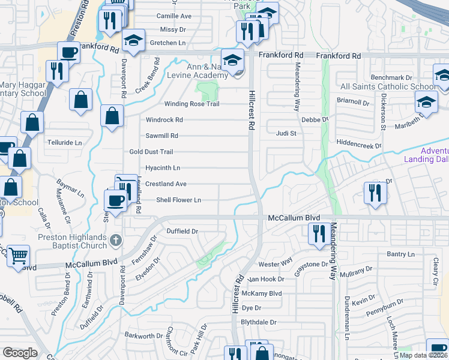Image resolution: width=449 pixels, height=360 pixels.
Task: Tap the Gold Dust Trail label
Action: click(x=151, y=152)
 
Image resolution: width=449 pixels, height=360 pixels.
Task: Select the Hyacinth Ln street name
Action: click(x=163, y=168)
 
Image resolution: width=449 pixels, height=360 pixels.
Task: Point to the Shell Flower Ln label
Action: click(x=178, y=200)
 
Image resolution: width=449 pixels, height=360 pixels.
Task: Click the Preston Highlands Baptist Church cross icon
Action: click(x=116, y=241)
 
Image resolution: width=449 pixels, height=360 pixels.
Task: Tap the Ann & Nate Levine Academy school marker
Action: click(x=232, y=60)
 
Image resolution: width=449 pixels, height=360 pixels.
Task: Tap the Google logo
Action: click(x=20, y=353)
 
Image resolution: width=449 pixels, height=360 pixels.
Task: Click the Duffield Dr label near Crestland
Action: click(x=182, y=231)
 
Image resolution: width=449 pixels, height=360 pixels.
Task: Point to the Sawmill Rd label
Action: click(x=162, y=136)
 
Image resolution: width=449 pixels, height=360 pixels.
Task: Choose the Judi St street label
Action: click(x=286, y=133)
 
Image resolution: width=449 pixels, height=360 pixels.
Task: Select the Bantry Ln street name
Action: click(x=400, y=254)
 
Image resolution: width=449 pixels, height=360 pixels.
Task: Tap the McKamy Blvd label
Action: click(x=261, y=293)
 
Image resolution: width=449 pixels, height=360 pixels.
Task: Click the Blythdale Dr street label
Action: click(x=258, y=322)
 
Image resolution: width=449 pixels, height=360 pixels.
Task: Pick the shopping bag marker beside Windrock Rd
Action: click(x=112, y=116)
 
